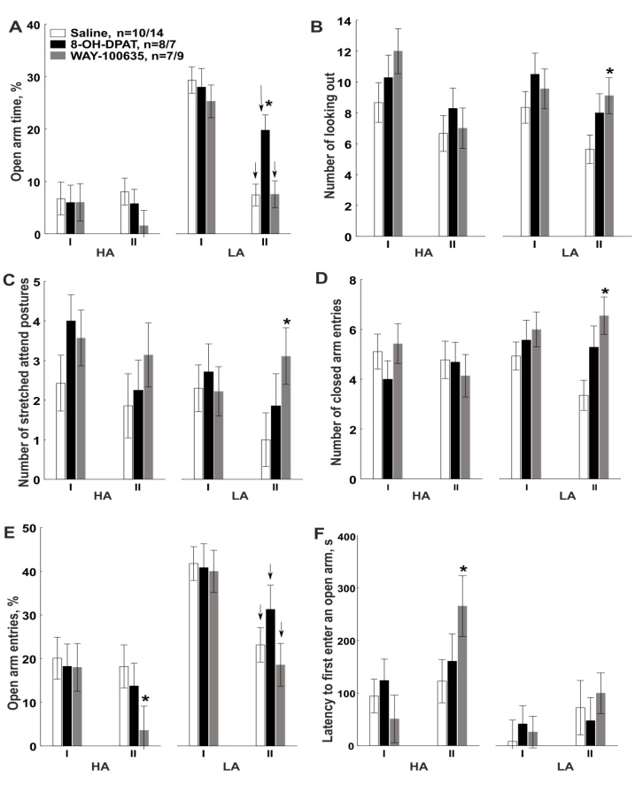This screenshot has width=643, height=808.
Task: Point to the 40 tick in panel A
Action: (34, 25)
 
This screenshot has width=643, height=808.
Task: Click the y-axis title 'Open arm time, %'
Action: (17, 129)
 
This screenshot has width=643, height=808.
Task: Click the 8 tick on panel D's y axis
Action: (353, 281)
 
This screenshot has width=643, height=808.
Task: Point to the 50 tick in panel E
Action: (34, 528)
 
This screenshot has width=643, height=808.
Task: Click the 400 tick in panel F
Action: (346, 537)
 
